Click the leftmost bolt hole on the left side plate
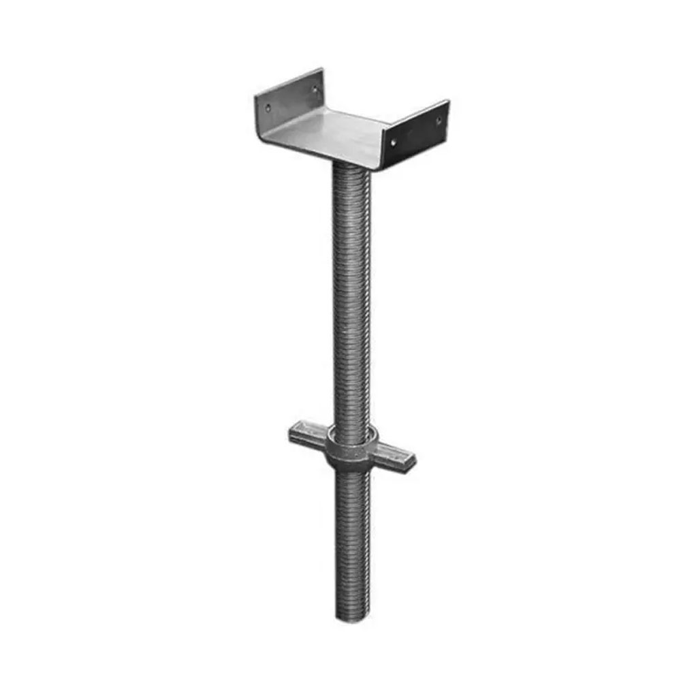(268, 106)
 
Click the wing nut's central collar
(351, 449)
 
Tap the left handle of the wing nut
(306, 434)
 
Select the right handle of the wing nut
(395, 454)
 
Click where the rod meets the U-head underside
(351, 170)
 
